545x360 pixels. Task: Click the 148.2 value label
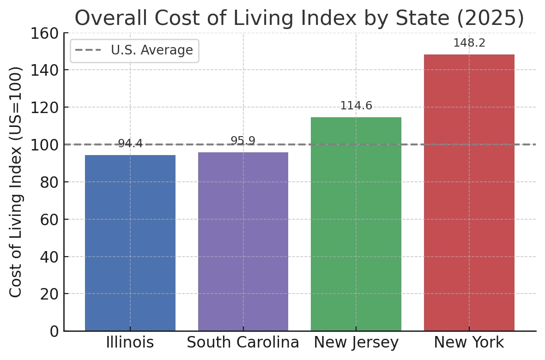(469, 43)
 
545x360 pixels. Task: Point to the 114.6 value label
(356, 106)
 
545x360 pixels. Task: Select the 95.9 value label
(243, 141)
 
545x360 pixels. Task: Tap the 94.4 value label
(130, 144)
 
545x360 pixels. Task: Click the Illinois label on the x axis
(130, 343)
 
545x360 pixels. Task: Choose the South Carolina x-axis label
(243, 343)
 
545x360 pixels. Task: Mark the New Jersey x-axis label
(356, 343)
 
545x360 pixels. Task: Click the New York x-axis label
(469, 343)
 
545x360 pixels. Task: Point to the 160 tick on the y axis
(44, 34)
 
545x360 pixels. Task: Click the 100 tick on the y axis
(44, 145)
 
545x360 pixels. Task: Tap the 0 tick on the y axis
(54, 331)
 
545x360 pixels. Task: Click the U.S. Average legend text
(151, 50)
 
